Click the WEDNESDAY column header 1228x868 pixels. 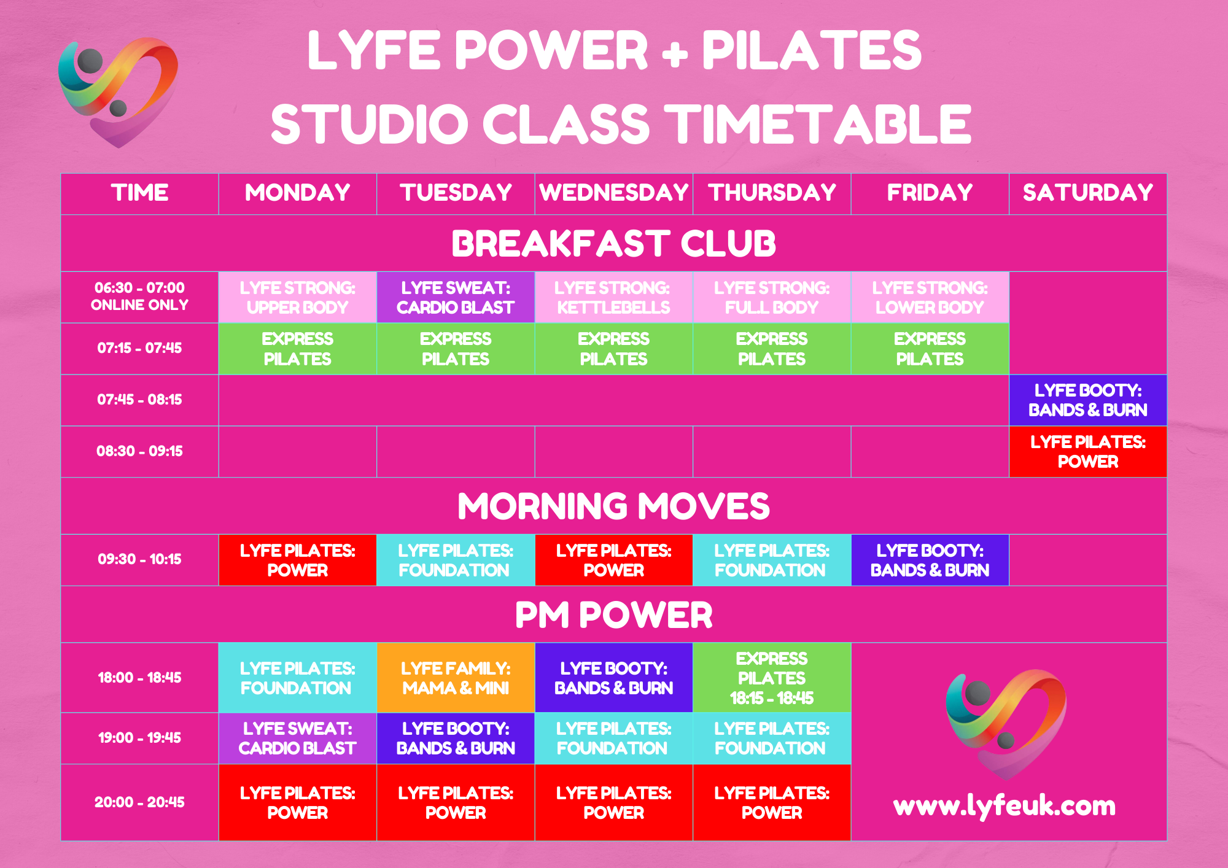(x=613, y=193)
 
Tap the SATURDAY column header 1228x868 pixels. (x=1087, y=193)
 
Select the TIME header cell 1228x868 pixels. (x=139, y=193)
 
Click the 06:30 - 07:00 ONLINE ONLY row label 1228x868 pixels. (x=139, y=296)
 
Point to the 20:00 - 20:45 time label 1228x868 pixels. (x=139, y=802)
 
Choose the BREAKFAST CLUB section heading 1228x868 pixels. (x=613, y=243)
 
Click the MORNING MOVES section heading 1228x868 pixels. (x=613, y=506)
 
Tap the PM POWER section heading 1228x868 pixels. (x=613, y=614)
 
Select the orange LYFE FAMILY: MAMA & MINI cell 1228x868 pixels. (x=456, y=678)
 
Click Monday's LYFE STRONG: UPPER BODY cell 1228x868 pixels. (x=297, y=297)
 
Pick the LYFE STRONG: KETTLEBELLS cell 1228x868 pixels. (x=613, y=297)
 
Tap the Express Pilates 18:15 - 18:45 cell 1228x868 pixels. (x=772, y=678)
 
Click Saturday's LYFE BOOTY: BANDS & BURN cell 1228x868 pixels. (x=1087, y=400)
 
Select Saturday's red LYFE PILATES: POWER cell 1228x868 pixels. (x=1087, y=452)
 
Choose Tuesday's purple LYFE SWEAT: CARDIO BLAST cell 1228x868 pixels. (x=456, y=297)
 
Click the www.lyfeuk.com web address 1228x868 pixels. (x=1005, y=805)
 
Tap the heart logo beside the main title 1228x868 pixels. (x=118, y=92)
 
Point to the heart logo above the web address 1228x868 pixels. (x=1006, y=724)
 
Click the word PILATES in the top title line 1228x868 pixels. (x=812, y=50)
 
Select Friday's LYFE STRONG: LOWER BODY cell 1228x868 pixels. (x=930, y=297)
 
